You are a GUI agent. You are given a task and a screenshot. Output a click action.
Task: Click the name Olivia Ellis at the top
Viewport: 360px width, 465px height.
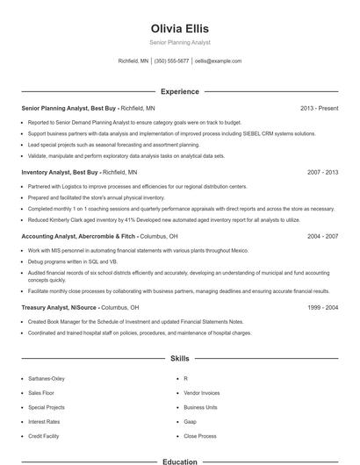[x=179, y=29]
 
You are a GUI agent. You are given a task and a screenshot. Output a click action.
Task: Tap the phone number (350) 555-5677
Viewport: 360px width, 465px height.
[x=171, y=61]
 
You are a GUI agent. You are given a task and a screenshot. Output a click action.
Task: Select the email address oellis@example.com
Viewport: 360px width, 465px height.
[x=218, y=61]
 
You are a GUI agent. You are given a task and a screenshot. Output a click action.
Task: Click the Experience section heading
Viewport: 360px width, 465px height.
[x=179, y=91]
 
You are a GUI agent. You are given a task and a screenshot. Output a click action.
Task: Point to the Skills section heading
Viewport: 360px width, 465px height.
[x=179, y=359]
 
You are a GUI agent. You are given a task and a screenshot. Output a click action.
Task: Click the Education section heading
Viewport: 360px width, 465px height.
[x=179, y=461]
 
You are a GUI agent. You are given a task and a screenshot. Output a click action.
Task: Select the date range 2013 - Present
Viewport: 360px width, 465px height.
[x=319, y=108]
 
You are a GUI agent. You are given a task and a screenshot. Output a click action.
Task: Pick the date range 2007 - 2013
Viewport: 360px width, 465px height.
[x=322, y=173]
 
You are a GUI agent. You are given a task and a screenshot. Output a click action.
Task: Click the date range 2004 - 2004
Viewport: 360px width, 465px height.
[x=322, y=236]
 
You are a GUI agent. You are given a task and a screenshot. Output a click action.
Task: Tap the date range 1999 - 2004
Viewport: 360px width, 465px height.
[x=322, y=308]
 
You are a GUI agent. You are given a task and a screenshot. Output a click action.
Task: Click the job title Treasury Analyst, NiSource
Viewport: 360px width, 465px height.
[x=58, y=308]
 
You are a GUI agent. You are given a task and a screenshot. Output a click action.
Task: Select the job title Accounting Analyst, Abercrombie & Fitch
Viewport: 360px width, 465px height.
[x=78, y=236]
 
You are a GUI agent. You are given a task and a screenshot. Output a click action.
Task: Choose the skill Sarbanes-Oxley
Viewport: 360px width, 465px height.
[x=47, y=378]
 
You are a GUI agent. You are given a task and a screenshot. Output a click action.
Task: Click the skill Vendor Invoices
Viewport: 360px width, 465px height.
[x=201, y=393]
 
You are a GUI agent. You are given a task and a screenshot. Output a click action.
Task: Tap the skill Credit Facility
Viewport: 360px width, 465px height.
[x=43, y=436]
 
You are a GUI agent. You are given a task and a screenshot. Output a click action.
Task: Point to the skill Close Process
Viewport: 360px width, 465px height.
[x=199, y=436]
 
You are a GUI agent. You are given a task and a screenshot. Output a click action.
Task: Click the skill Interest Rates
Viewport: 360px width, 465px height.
[x=43, y=421]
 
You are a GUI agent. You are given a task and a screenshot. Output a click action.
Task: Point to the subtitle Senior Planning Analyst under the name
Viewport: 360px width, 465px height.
[x=179, y=43]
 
